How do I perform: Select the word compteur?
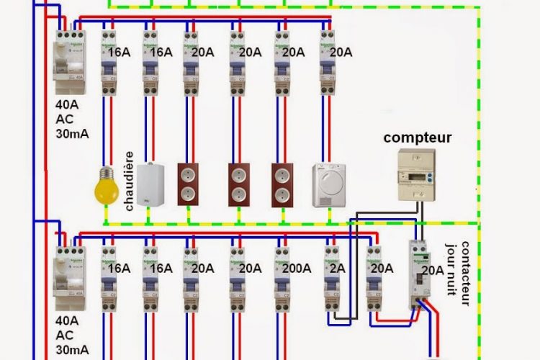tap(418, 137)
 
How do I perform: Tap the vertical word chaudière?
tap(130, 180)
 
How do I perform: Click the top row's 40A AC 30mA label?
tap(71, 118)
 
